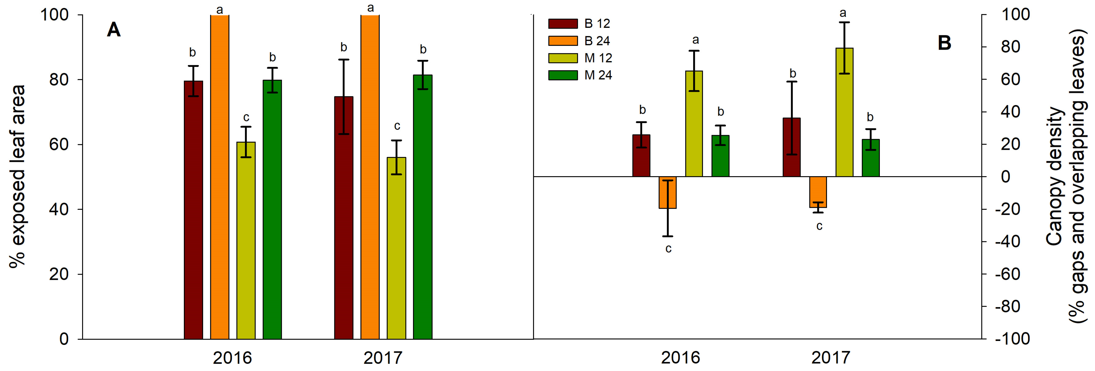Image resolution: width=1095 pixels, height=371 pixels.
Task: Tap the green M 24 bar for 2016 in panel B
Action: pos(720,156)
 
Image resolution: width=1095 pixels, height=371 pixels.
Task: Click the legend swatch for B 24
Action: pos(563,41)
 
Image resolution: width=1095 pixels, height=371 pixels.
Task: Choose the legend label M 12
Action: pos(598,58)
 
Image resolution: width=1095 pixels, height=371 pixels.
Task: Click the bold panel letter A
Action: pos(113,30)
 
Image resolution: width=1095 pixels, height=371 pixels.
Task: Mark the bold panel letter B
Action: pos(944,43)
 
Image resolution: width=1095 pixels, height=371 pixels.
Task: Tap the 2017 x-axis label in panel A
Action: pos(383,358)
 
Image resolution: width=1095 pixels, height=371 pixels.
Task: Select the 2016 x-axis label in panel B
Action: pos(680,358)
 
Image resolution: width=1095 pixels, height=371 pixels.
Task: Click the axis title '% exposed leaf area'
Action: pos(18,176)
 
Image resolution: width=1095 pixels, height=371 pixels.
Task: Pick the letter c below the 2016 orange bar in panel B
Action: pos(668,249)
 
